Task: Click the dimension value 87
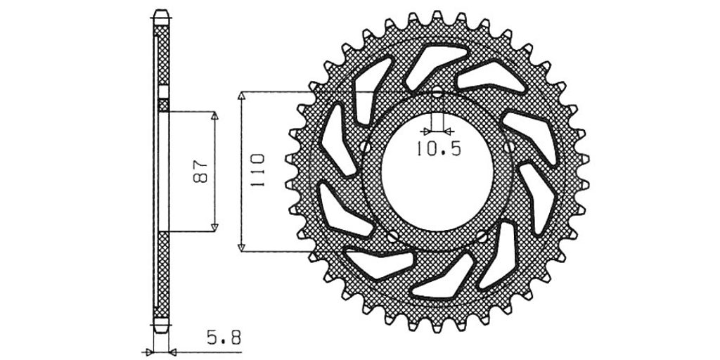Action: pos(200,172)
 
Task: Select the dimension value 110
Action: pos(258,170)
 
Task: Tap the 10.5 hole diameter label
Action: pos(439,149)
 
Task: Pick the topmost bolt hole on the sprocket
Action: pos(437,92)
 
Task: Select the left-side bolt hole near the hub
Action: pos(366,147)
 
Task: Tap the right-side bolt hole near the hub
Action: pos(509,147)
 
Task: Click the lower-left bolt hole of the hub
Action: pos(392,236)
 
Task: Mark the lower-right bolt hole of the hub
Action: pos(482,236)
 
